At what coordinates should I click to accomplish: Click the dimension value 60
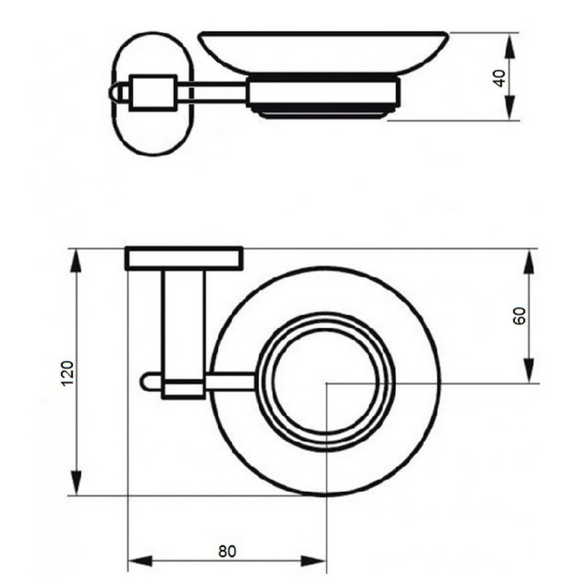pyautogui.click(x=519, y=316)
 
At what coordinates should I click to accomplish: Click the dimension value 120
pyautogui.click(x=65, y=373)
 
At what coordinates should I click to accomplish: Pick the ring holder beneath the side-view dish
pyautogui.click(x=323, y=98)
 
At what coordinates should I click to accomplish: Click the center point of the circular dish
pyautogui.click(x=327, y=381)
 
